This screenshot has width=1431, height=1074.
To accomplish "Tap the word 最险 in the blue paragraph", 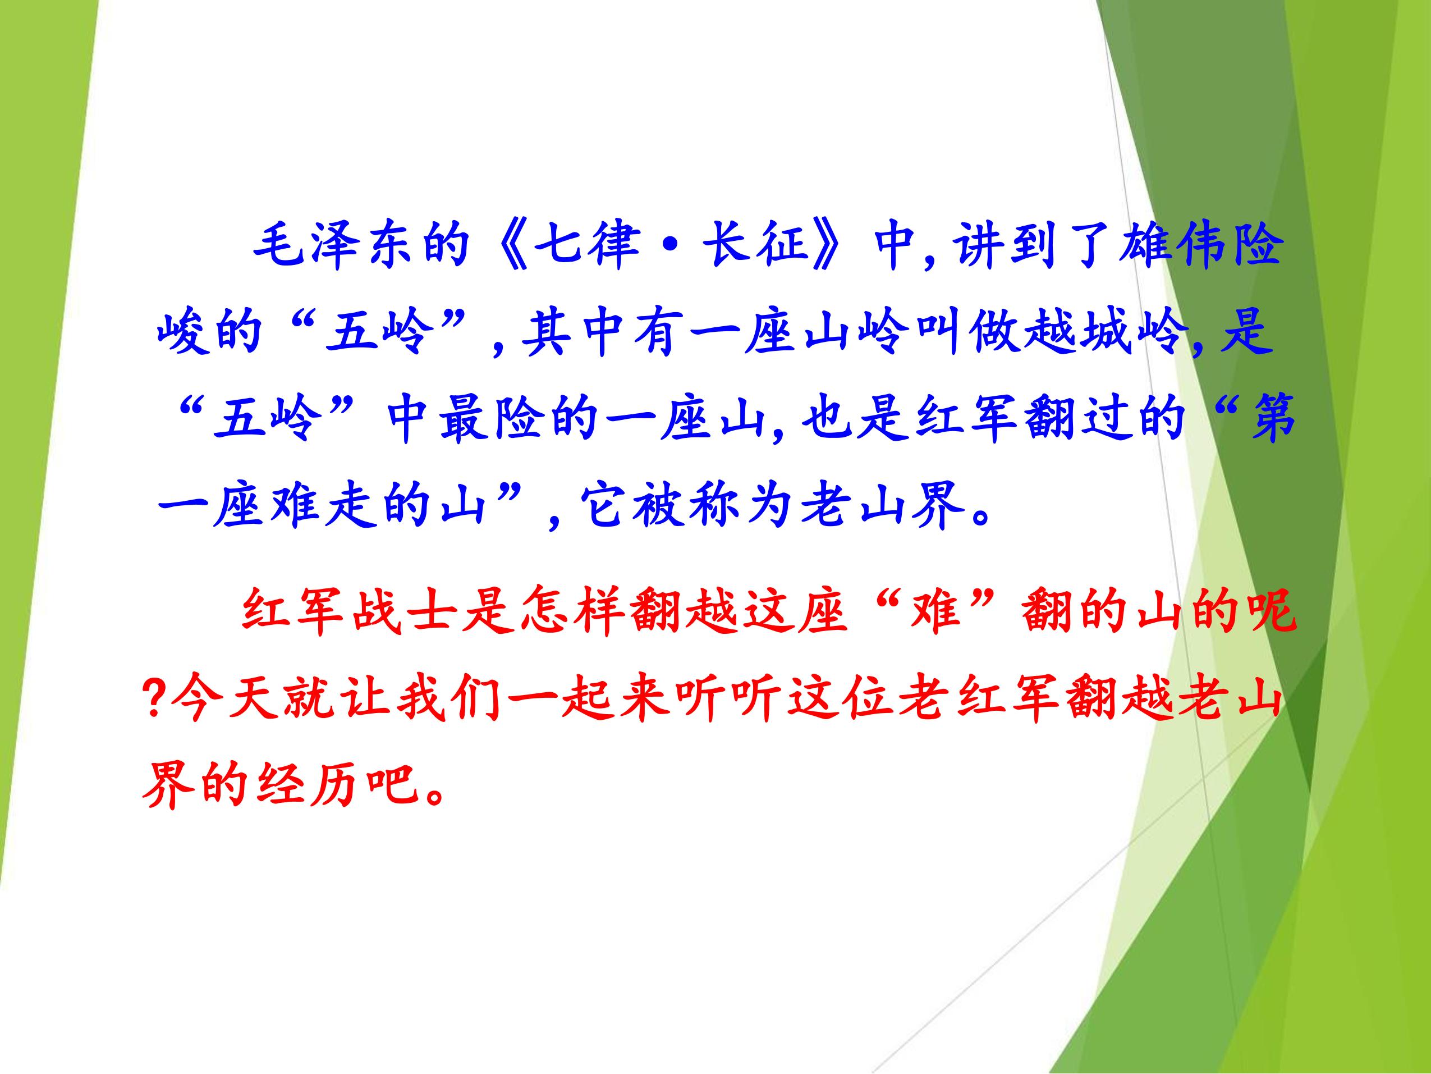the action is point(492,421).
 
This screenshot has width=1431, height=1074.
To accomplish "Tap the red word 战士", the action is point(405,613).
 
